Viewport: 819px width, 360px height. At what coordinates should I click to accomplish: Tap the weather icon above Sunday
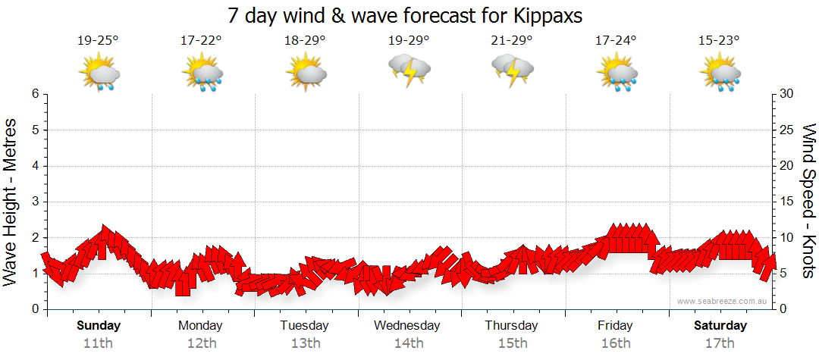[x=99, y=72]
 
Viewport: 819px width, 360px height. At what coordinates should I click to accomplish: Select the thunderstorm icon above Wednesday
[x=409, y=70]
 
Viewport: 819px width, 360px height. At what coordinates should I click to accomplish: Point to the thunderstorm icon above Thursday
[x=513, y=70]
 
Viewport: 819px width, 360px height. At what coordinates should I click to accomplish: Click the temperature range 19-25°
[x=98, y=40]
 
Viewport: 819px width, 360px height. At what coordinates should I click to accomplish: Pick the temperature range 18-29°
[x=305, y=40]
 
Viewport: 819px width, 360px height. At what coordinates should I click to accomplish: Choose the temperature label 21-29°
[x=512, y=40]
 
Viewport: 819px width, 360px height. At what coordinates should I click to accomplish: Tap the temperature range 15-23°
[x=718, y=40]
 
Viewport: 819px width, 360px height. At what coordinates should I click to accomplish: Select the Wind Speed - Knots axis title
[x=808, y=201]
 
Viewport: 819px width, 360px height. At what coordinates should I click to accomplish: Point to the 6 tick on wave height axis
[x=35, y=94]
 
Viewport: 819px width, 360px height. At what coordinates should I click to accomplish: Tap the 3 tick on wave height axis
[x=35, y=202]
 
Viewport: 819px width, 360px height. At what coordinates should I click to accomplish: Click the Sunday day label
[x=98, y=326]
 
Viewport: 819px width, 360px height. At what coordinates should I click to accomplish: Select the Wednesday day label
[x=408, y=326]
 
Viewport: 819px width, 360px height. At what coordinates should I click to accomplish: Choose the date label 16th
[x=615, y=343]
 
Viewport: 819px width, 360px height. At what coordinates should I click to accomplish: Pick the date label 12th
[x=201, y=343]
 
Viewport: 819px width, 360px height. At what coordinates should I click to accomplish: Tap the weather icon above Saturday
[x=719, y=72]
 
